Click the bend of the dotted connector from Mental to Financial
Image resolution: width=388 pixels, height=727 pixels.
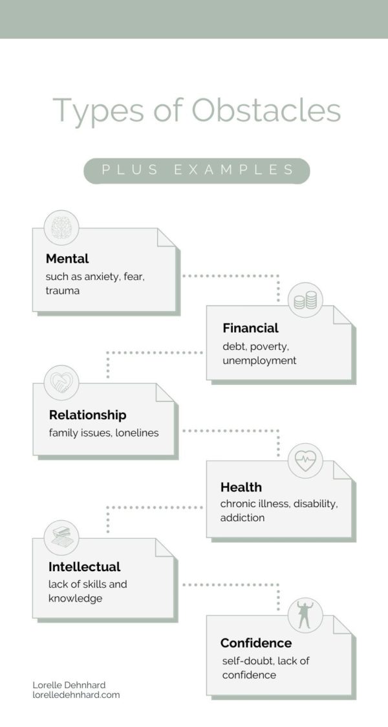click(x=278, y=276)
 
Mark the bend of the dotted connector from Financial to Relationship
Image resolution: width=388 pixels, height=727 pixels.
click(x=108, y=353)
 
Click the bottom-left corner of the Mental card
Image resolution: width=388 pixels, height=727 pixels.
click(x=32, y=311)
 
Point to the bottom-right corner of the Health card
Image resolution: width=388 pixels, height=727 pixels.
click(x=351, y=537)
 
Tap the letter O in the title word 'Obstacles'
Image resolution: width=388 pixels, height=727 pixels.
click(x=206, y=111)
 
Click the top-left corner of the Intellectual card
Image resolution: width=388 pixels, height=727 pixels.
click(x=32, y=538)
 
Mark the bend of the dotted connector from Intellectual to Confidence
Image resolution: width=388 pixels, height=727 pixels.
click(x=278, y=585)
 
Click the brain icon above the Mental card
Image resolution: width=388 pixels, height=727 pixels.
click(x=61, y=228)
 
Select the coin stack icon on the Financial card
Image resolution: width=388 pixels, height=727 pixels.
click(x=305, y=300)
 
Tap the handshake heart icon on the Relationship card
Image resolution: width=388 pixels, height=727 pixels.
click(x=61, y=382)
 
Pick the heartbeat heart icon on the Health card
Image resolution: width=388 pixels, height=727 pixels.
click(x=305, y=461)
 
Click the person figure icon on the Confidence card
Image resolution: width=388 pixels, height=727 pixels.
click(x=305, y=615)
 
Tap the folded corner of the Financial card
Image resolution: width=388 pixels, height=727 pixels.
click(x=342, y=315)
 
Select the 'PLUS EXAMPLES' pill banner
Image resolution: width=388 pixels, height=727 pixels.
click(x=197, y=171)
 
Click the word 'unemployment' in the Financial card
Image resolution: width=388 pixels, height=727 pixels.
click(x=259, y=361)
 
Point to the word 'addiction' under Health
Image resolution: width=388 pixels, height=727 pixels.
click(x=242, y=517)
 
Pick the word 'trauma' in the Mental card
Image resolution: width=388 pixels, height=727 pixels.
click(x=63, y=291)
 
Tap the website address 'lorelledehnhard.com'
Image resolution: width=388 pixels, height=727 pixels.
click(x=76, y=695)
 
